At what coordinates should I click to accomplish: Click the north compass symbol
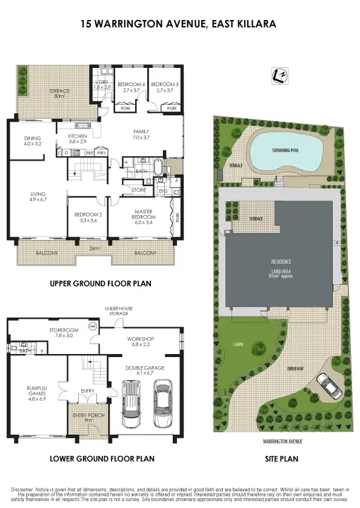[280, 75]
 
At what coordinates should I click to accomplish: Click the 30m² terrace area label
[59, 94]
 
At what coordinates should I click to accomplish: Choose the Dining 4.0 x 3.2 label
[32, 141]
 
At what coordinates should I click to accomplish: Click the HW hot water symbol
[92, 326]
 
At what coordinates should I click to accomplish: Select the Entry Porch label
[84, 417]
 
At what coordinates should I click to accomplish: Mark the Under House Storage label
[118, 311]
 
